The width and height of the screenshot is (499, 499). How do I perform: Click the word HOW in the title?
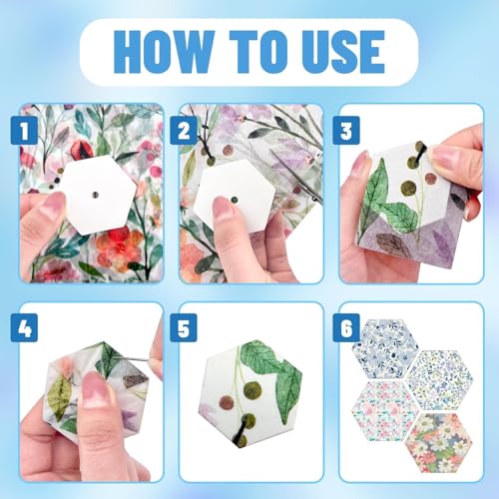click(x=164, y=52)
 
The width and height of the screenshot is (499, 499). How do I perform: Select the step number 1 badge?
click(x=24, y=131)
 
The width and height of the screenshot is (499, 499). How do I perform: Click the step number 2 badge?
click(x=184, y=131)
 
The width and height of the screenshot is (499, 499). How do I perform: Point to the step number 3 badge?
click(x=346, y=131)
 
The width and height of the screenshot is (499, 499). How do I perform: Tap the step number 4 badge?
click(x=24, y=327)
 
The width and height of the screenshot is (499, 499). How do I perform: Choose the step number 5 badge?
click(x=184, y=327)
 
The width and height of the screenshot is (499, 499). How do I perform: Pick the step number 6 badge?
click(x=346, y=327)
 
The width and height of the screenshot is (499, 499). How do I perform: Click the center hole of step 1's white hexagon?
click(x=96, y=195)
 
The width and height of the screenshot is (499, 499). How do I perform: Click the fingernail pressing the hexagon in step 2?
click(x=220, y=207)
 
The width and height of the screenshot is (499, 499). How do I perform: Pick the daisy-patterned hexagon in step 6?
click(x=439, y=443)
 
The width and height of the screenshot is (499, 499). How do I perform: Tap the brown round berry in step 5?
click(x=228, y=402)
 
